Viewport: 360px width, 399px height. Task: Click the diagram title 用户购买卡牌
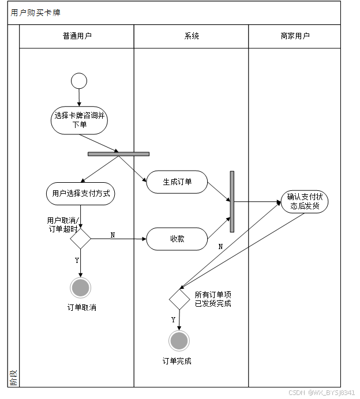tap(35, 13)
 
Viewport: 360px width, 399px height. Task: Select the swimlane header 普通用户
tap(77, 36)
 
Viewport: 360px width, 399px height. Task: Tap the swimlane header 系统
tap(192, 36)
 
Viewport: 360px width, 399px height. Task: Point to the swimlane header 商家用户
tap(294, 36)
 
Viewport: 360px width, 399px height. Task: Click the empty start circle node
tap(79, 81)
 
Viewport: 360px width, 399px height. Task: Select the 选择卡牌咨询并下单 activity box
tap(80, 120)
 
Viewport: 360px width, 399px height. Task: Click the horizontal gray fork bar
tap(118, 154)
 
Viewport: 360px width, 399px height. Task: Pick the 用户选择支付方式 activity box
tap(81, 194)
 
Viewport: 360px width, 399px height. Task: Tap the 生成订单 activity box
tap(177, 182)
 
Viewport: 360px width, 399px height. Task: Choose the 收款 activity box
tap(177, 239)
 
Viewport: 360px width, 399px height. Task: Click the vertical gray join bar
tap(232, 201)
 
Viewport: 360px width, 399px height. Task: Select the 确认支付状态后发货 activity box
tap(304, 201)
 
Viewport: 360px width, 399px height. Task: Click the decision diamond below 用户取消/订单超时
tap(80, 238)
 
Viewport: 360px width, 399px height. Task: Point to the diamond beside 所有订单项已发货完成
tap(179, 299)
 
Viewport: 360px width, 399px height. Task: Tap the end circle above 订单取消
tap(81, 287)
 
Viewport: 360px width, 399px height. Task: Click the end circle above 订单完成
tap(179, 341)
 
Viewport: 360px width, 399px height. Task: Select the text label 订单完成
tap(177, 362)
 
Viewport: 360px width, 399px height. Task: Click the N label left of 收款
tap(112, 235)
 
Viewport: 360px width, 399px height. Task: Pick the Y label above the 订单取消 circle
tap(77, 261)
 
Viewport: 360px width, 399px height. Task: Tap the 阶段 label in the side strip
tap(13, 378)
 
